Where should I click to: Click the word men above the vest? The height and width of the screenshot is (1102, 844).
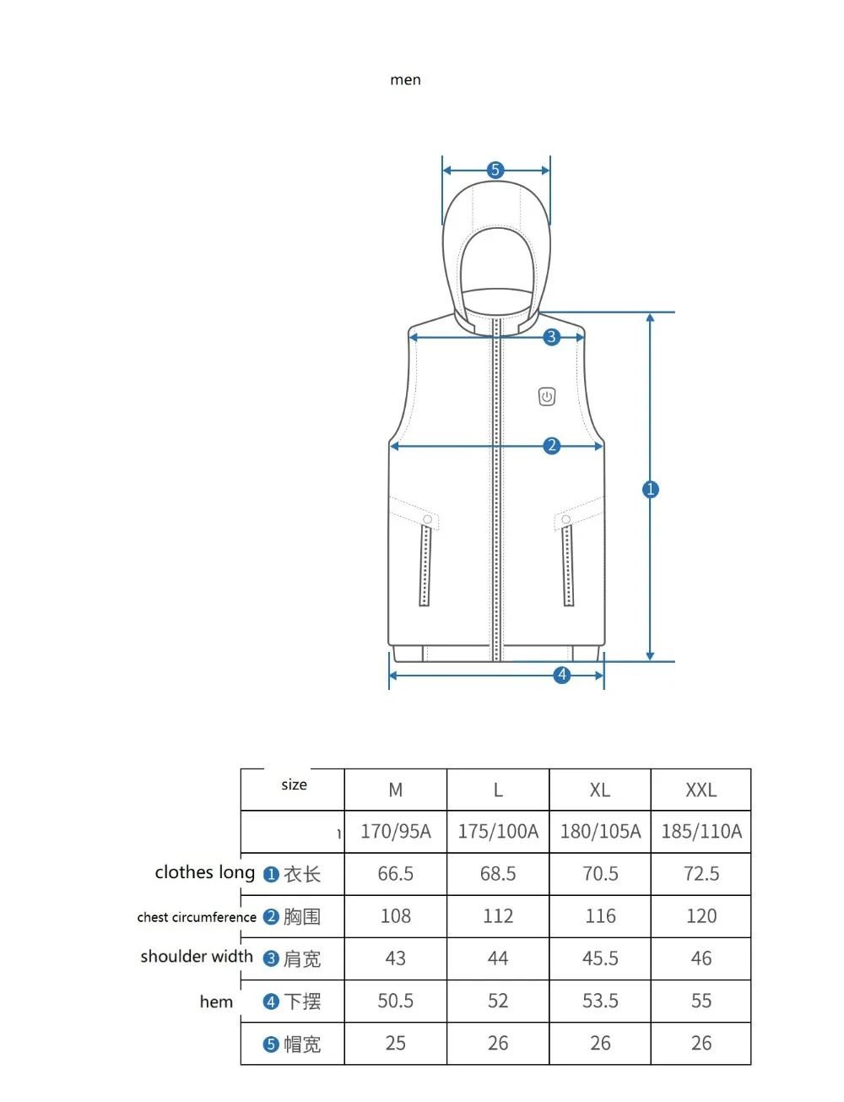405,80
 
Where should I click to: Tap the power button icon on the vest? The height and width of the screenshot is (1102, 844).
546,397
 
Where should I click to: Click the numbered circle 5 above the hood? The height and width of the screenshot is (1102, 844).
495,170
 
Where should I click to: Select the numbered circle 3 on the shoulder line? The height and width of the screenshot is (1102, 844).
551,337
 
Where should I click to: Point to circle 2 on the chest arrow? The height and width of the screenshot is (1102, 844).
551,446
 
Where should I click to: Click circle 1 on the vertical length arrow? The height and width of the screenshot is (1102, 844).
651,490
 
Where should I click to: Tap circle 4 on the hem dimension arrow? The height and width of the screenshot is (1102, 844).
561,675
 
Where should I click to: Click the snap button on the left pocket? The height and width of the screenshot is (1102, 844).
427,519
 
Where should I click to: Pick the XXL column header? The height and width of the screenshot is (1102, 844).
701,790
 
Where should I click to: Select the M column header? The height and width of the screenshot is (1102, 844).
395,790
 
